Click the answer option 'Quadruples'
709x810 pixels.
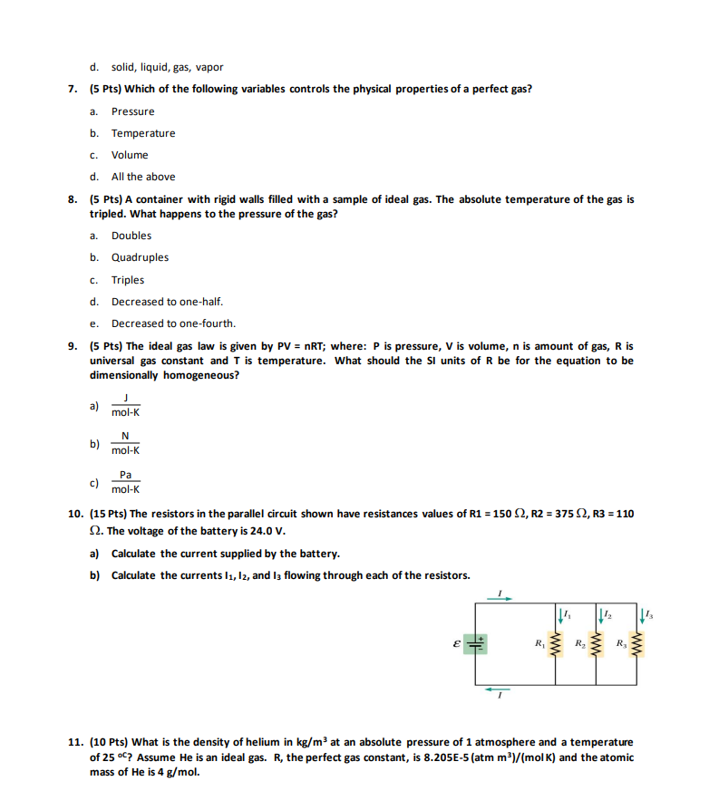(140, 257)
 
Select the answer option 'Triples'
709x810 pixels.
(128, 280)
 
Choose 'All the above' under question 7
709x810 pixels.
(143, 177)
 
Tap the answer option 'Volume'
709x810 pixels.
(130, 155)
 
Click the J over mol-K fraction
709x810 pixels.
(127, 406)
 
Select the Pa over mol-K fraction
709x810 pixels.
(126, 482)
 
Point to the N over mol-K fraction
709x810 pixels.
(126, 444)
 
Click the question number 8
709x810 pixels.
(73, 199)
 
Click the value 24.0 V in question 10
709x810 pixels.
(268, 531)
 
